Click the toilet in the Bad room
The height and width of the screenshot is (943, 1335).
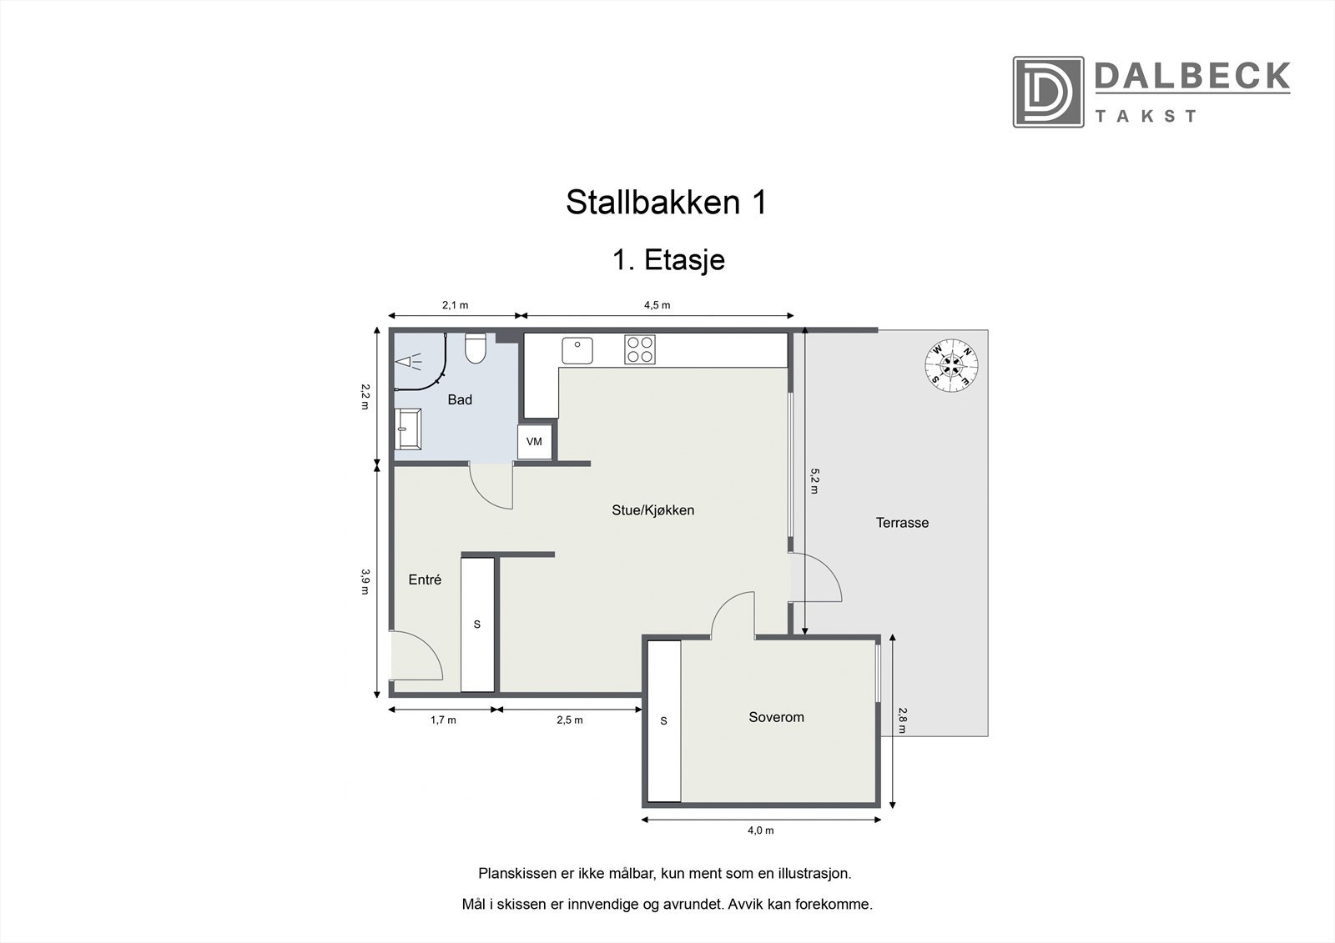tap(476, 349)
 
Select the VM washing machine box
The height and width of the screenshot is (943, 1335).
tap(534, 441)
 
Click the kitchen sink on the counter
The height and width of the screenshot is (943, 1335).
tap(577, 350)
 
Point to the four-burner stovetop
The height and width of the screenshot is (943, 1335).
tap(640, 349)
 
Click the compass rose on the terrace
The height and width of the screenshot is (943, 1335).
tap(951, 364)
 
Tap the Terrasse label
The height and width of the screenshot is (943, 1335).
tap(902, 523)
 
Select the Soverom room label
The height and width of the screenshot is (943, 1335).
tap(776, 717)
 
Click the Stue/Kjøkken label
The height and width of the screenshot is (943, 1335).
tap(652, 510)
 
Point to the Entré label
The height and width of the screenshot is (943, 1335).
tap(425, 579)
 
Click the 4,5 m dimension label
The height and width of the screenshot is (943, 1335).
tap(657, 305)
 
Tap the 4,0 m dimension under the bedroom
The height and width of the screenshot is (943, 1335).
tap(760, 830)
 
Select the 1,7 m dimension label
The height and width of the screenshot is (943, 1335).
tap(443, 720)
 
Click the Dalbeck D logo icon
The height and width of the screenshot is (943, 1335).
tap(1048, 92)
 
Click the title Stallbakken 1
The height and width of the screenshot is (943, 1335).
tap(666, 203)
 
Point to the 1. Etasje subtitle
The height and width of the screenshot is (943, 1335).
tap(668, 260)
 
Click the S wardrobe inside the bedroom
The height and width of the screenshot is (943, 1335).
tap(664, 721)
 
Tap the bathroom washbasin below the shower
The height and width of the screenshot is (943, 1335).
tap(410, 429)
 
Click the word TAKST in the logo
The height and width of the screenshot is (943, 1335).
tap(1146, 116)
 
